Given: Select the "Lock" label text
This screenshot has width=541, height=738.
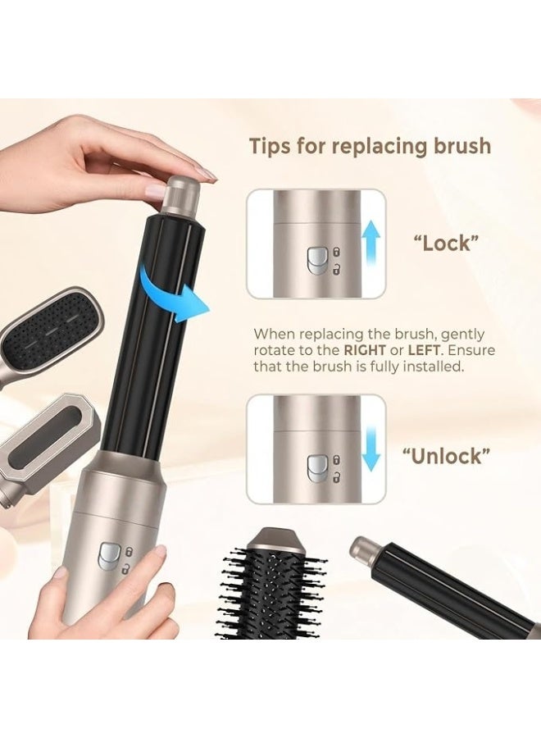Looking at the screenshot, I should [x=443, y=243].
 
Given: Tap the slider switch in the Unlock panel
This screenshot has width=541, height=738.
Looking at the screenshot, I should [x=316, y=467].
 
